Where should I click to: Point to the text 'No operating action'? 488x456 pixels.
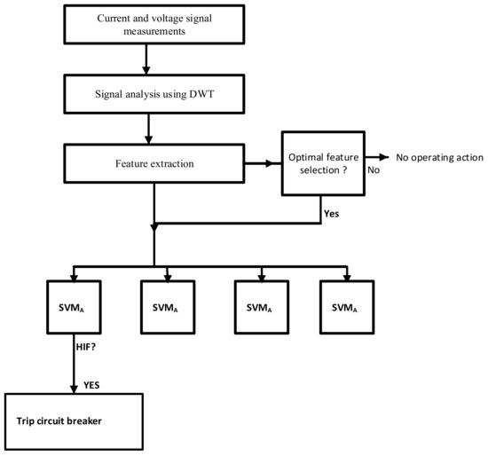pos(437,157)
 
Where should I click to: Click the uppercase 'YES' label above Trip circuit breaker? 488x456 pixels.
pos(91,385)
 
